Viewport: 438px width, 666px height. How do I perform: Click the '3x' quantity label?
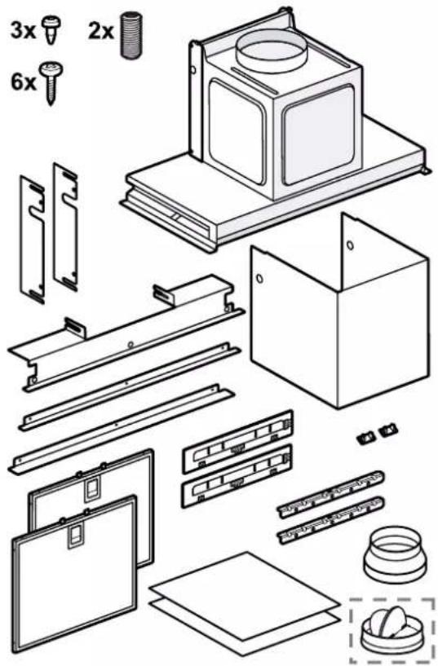[x=23, y=31]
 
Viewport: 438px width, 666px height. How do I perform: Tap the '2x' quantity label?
[x=100, y=31]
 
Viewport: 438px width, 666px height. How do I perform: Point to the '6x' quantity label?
[x=24, y=82]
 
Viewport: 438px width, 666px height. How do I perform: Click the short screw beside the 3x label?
[x=52, y=28]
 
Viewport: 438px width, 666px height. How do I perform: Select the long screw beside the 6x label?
[x=51, y=83]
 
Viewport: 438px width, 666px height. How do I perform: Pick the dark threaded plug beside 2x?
[x=131, y=35]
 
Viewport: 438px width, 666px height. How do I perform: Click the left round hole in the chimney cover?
[x=258, y=279]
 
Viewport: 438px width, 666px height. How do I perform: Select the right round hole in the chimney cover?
[x=350, y=245]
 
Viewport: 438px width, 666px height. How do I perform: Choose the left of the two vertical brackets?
[x=32, y=239]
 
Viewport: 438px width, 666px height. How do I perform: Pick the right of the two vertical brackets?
[x=65, y=227]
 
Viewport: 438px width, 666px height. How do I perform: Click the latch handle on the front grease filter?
[x=77, y=537]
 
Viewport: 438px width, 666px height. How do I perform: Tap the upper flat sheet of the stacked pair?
[x=244, y=589]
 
